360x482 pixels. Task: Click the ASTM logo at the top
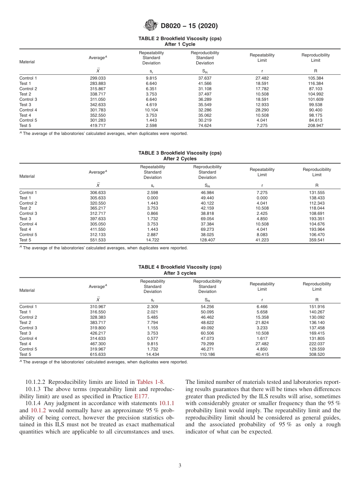click(150, 26)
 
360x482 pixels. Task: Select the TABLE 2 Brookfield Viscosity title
click(180, 39)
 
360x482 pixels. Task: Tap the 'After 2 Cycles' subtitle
click(180, 159)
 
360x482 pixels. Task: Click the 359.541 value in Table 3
click(317, 240)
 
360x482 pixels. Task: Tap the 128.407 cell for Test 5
click(207, 240)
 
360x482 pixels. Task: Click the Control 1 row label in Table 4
click(28, 307)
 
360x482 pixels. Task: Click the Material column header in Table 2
click(27, 62)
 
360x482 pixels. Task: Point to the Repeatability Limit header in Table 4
click(262, 286)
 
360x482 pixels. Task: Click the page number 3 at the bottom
click(180, 466)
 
